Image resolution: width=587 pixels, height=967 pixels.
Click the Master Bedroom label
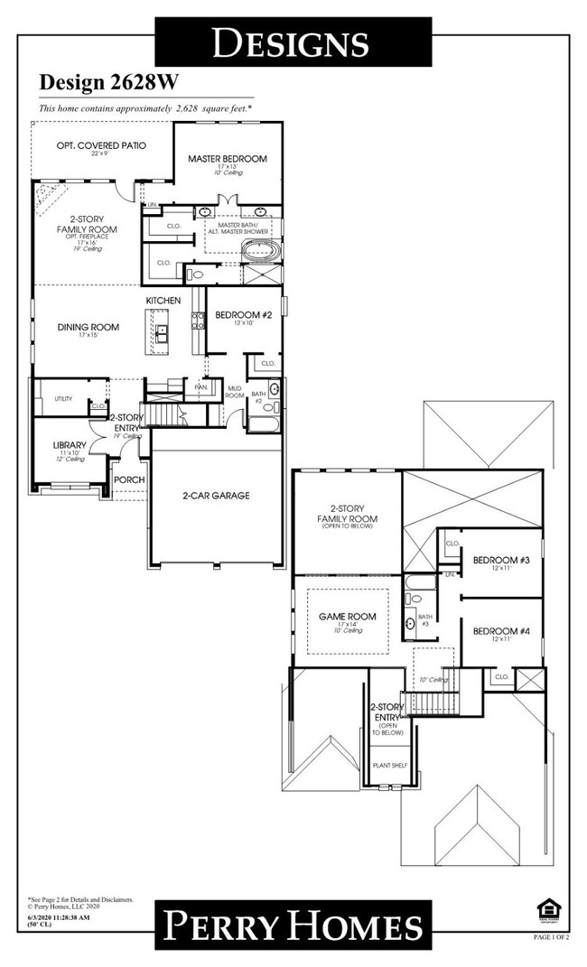(x=228, y=159)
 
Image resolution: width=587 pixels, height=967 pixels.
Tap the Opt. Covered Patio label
(x=101, y=145)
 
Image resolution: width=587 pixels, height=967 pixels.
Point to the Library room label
(x=70, y=445)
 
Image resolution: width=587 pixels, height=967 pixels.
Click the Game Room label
(x=347, y=618)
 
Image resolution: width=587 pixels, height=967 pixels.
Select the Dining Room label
(x=89, y=327)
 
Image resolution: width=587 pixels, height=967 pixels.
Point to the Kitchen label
(x=163, y=300)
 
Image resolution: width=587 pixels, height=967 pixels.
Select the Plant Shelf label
(x=390, y=765)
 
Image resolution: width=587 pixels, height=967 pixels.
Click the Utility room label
(x=63, y=398)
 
